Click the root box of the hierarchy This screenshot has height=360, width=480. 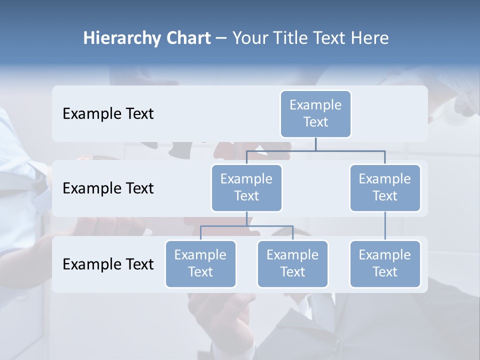[x=315, y=113]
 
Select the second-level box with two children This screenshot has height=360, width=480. [x=246, y=187]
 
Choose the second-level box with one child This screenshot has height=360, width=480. [x=385, y=187]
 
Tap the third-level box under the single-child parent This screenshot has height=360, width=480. [x=385, y=263]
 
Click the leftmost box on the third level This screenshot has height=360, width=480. [x=200, y=263]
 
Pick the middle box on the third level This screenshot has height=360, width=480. [x=292, y=263]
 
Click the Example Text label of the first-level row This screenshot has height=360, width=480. [x=108, y=114]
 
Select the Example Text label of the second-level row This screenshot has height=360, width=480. [x=108, y=188]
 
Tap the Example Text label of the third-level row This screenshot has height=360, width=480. [x=108, y=264]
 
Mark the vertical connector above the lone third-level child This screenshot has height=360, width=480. [x=385, y=226]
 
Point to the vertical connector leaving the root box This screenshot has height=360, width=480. [x=315, y=144]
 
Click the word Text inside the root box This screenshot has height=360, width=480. [x=315, y=122]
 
